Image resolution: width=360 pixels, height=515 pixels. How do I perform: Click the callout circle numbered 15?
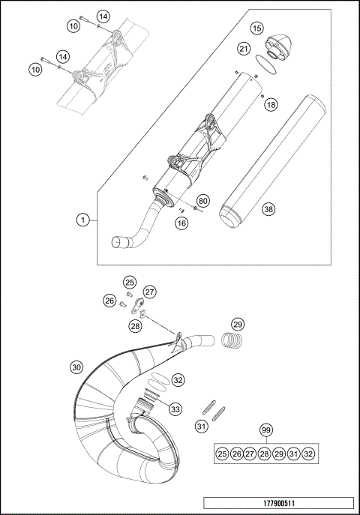click(x=257, y=28)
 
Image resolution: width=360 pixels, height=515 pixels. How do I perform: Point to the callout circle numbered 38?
click(x=268, y=210)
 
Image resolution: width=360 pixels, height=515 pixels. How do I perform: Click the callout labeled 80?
click(x=202, y=201)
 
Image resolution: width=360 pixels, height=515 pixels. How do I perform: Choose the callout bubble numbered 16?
click(x=181, y=223)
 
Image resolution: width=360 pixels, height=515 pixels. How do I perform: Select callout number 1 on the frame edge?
click(x=84, y=220)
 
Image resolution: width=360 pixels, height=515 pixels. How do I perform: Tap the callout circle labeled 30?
click(x=76, y=367)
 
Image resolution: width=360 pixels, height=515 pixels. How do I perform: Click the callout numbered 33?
click(x=175, y=409)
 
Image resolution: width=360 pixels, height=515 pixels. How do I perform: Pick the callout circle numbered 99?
click(x=265, y=430)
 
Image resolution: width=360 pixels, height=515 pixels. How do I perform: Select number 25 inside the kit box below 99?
click(x=222, y=454)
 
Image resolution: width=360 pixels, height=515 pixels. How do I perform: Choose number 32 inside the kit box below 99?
click(x=307, y=454)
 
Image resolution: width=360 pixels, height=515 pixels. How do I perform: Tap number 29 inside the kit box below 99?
click(x=279, y=454)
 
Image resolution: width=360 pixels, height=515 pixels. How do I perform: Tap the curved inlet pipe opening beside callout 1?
click(x=120, y=241)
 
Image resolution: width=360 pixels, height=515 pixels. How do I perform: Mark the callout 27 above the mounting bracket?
click(x=149, y=292)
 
